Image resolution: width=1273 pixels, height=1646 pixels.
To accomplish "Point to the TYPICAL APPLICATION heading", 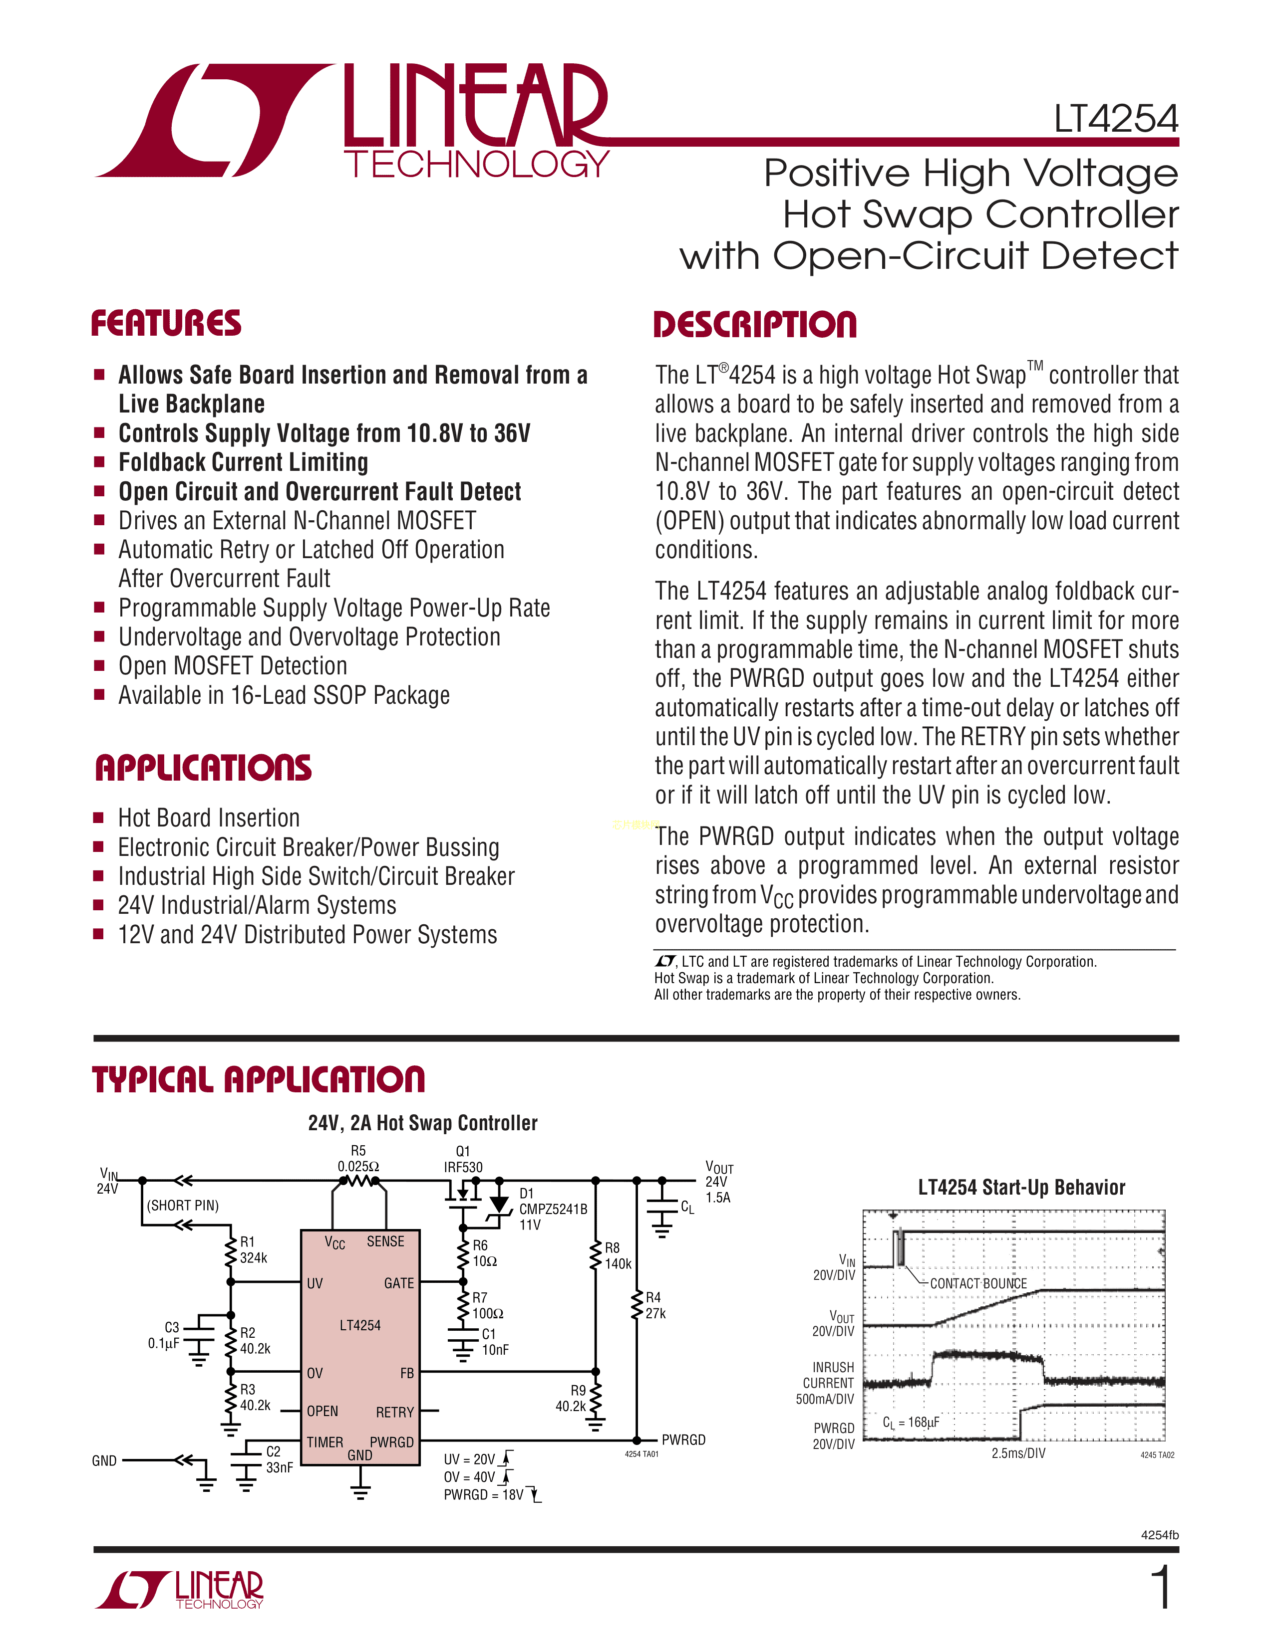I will (258, 1079).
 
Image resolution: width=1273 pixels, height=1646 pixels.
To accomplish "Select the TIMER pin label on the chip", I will (325, 1442).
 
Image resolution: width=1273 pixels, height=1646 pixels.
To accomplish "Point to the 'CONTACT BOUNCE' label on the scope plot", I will (978, 1283).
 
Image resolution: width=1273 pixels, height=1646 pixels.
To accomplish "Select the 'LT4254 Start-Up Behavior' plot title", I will (1021, 1188).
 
